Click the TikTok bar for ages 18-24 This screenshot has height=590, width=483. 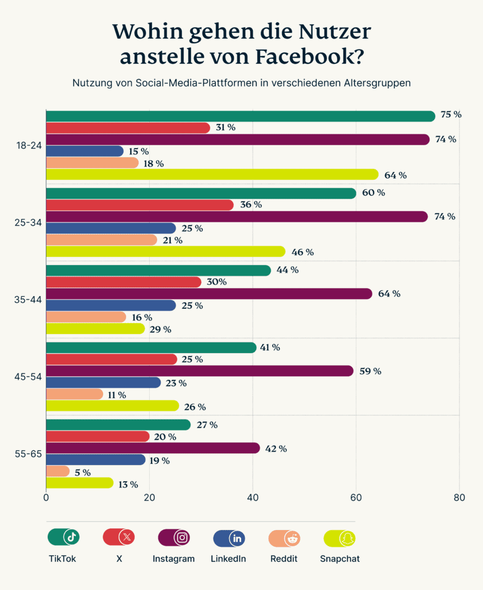click(240, 116)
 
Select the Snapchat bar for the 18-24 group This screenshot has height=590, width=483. click(212, 175)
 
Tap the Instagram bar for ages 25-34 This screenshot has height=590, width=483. click(237, 217)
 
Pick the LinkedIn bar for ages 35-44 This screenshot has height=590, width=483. click(111, 305)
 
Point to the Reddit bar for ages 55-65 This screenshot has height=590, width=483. click(58, 472)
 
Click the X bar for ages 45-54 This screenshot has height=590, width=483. click(111, 360)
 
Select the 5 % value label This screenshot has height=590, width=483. click(82, 472)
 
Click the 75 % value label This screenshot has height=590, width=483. click(451, 115)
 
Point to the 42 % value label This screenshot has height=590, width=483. click(276, 448)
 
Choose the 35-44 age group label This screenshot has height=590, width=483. click(28, 300)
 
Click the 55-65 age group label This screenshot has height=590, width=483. click(28, 453)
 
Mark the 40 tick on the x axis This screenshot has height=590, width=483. click(253, 497)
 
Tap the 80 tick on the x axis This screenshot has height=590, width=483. click(459, 497)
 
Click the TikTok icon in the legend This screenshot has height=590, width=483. click(71, 538)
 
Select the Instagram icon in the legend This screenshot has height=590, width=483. click(182, 538)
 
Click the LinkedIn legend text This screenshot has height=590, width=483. click(229, 558)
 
